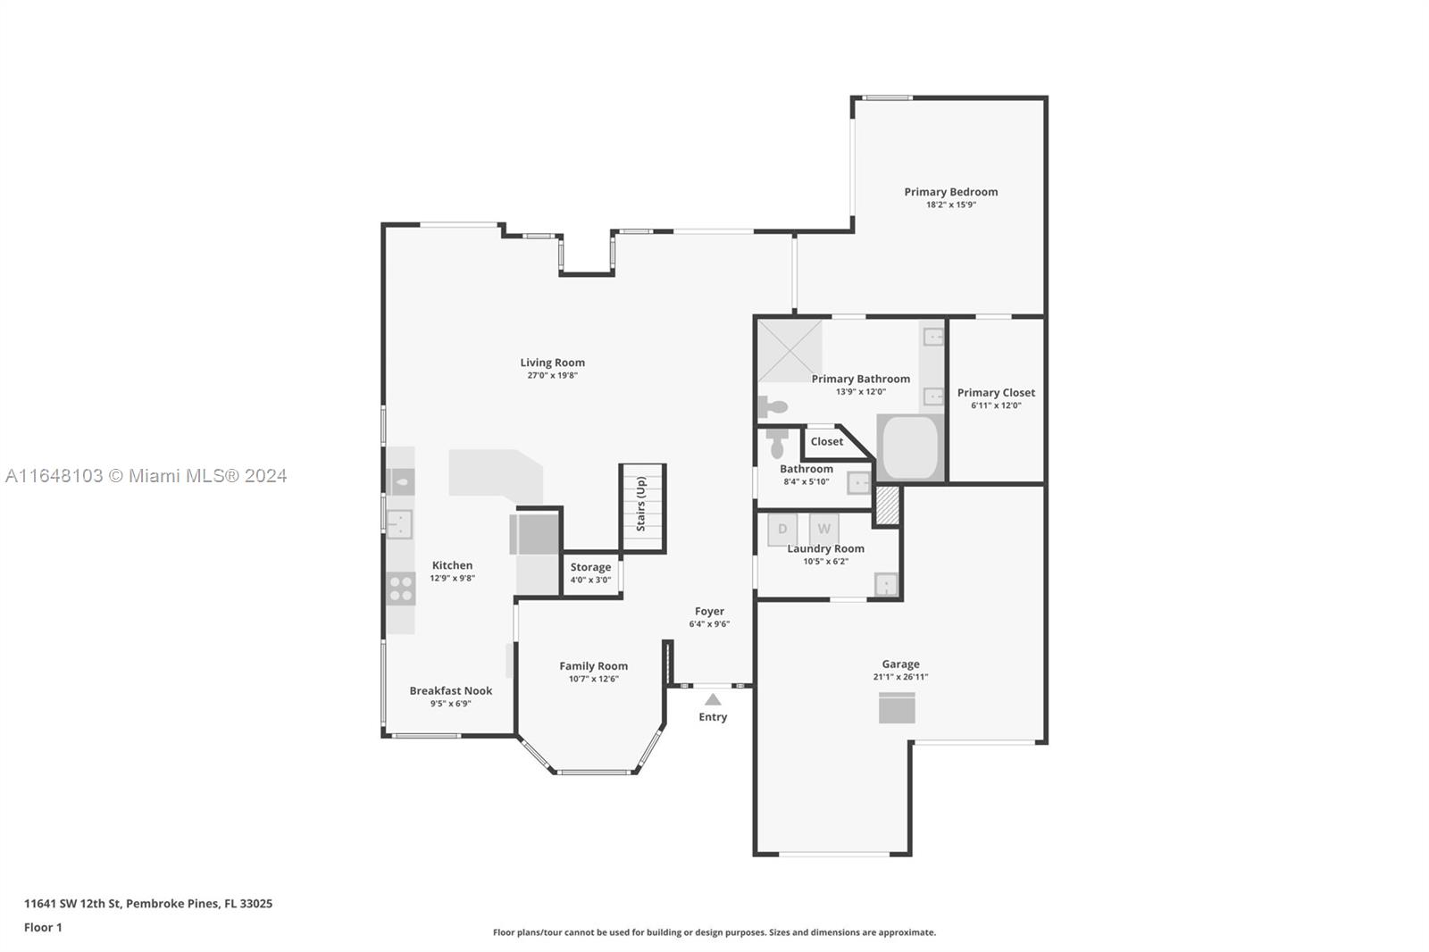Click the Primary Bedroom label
click(x=950, y=191)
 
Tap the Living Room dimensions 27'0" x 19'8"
click(x=553, y=375)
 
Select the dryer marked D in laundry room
click(x=782, y=529)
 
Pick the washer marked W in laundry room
click(x=823, y=529)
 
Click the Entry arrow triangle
click(x=713, y=699)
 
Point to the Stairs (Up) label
click(x=641, y=504)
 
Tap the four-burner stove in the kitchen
click(x=401, y=589)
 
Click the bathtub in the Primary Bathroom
click(x=910, y=447)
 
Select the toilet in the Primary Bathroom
click(x=772, y=405)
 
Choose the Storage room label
click(x=590, y=566)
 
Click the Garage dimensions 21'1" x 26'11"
click(x=901, y=677)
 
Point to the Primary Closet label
click(x=996, y=392)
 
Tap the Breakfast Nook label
click(x=451, y=690)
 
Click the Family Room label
click(x=593, y=666)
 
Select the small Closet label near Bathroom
click(x=827, y=441)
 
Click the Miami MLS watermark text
click(x=146, y=476)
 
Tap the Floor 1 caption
click(x=43, y=928)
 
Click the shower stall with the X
click(x=790, y=350)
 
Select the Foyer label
click(x=709, y=611)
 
